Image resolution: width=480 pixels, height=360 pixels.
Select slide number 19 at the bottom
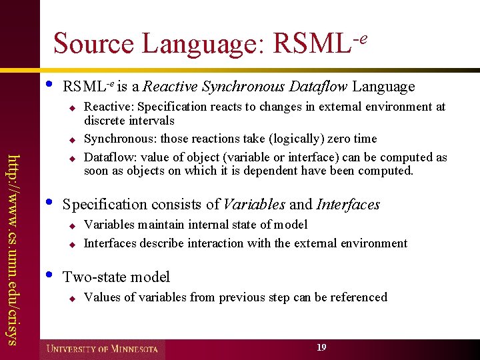(x=321, y=347)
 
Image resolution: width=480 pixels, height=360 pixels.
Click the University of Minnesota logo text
(x=103, y=349)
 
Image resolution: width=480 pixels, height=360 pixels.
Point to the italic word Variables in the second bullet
(x=253, y=204)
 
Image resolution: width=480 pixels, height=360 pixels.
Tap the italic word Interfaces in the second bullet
(x=348, y=204)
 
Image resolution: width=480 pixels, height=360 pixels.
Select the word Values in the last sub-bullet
(x=100, y=297)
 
